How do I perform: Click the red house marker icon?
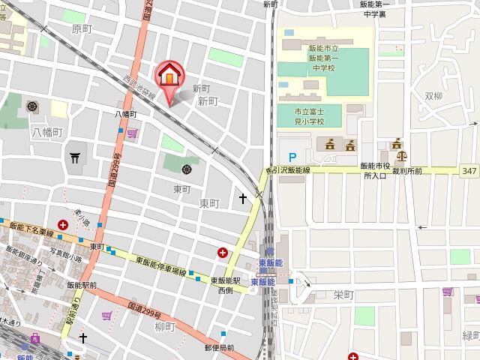(x=168, y=75)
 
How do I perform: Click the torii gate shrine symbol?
(x=75, y=157)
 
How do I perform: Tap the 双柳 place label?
(x=435, y=96)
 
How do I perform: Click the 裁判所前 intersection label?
(x=406, y=172)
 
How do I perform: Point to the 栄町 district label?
(x=343, y=295)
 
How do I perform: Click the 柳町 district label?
(x=163, y=327)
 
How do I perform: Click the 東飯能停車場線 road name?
(x=160, y=263)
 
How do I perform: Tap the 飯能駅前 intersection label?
(x=82, y=285)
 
